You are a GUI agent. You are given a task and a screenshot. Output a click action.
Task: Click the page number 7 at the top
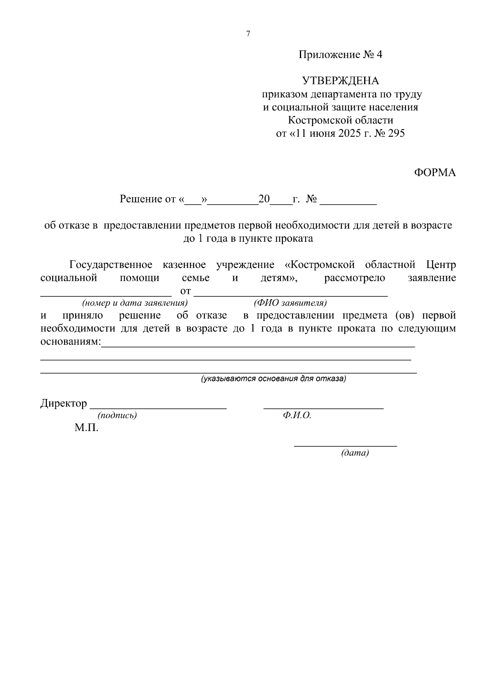pos(248,34)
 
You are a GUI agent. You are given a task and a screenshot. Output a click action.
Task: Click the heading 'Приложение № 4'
pos(340,55)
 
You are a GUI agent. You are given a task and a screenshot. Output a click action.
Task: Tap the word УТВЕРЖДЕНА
pos(341,81)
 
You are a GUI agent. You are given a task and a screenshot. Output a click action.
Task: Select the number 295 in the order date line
pos(396,133)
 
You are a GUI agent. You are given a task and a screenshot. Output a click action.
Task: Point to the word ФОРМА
pos(435,173)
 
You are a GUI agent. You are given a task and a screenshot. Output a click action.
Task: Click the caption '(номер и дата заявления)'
pos(135,303)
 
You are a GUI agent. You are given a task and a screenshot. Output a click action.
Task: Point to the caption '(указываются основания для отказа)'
pos(274,379)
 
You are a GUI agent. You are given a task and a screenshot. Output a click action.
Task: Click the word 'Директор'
pos(63,403)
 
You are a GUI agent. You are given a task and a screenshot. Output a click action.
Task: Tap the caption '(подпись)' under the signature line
pos(117,416)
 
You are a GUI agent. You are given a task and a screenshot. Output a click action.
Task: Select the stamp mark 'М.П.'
pos(86,428)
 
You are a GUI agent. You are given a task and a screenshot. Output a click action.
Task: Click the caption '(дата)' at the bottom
pos(355,453)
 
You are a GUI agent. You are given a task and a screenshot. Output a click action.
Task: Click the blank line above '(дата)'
pos(345,445)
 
